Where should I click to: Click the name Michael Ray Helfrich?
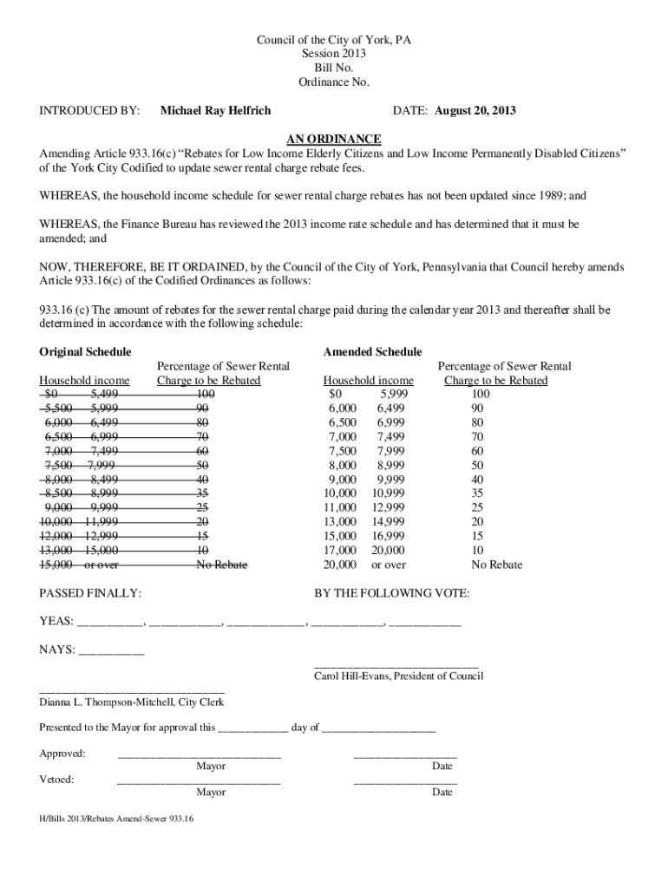(x=216, y=111)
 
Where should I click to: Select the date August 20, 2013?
(x=475, y=111)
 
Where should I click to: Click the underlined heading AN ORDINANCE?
(x=334, y=140)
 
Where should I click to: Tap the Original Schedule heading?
(x=86, y=351)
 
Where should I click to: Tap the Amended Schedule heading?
(x=372, y=351)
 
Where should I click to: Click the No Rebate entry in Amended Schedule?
(x=496, y=565)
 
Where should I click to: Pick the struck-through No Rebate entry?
(x=221, y=565)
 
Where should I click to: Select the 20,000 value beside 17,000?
(x=386, y=550)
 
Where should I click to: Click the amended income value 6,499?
(x=392, y=408)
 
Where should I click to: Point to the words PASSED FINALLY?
(x=91, y=594)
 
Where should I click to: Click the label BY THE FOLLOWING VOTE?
(x=391, y=594)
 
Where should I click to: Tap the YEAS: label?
(x=56, y=622)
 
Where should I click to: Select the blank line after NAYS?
(x=111, y=650)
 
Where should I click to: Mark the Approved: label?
(x=62, y=754)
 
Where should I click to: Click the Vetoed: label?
(x=57, y=779)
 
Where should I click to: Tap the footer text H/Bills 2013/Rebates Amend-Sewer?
(x=102, y=818)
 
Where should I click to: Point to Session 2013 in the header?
(x=334, y=54)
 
